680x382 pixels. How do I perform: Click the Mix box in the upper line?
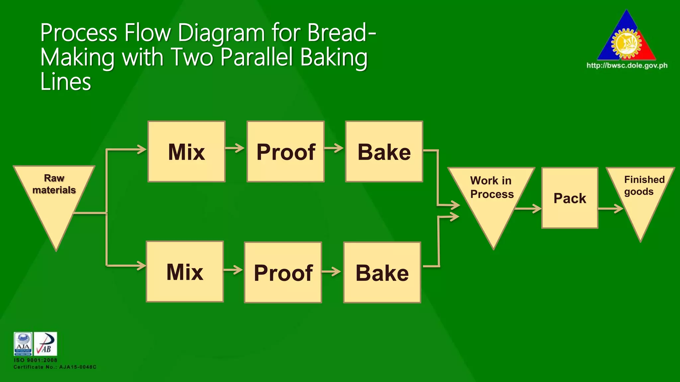(x=187, y=152)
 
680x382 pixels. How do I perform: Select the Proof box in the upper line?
(x=286, y=152)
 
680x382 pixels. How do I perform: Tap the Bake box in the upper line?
(x=384, y=152)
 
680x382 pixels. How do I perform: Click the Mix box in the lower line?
(x=185, y=272)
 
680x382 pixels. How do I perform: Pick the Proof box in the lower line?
(x=283, y=272)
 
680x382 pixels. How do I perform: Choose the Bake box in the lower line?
(x=382, y=272)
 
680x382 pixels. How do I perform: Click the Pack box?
(x=570, y=198)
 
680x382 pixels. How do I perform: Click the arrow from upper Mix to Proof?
(x=235, y=148)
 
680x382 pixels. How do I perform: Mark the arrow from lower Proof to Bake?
(x=331, y=272)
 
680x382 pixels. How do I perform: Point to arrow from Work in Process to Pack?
(x=528, y=209)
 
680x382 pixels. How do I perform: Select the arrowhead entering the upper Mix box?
(x=142, y=149)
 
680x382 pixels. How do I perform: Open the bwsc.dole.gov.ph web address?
(x=627, y=65)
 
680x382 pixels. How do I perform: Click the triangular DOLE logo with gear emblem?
(x=627, y=38)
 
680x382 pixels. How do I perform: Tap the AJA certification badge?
(x=23, y=344)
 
